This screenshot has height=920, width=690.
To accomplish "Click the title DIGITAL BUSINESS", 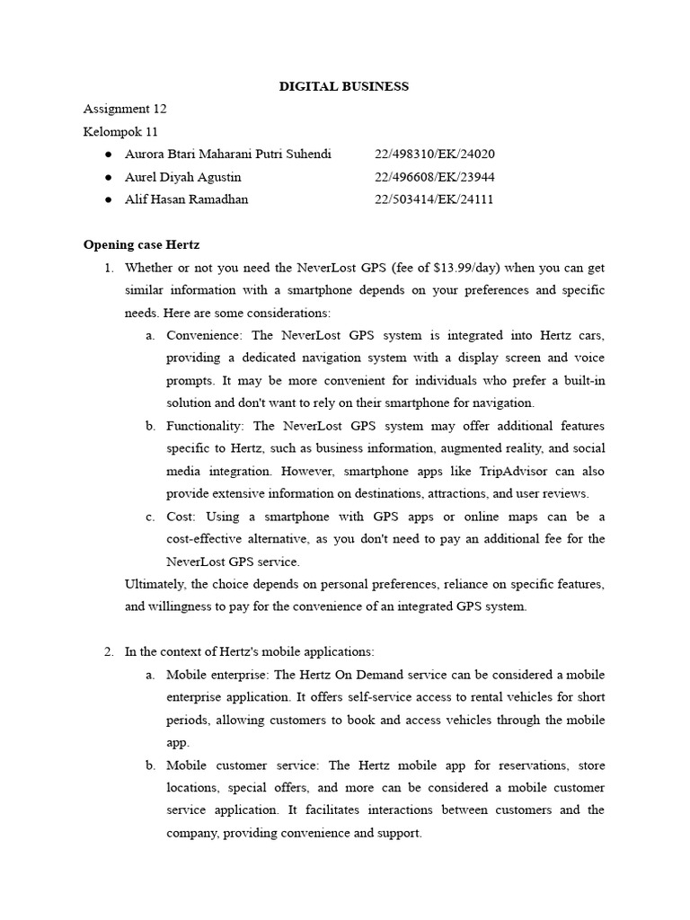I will (x=344, y=86).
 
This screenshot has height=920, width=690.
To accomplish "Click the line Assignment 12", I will (x=125, y=109).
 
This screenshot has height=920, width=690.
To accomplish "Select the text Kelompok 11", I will (x=120, y=131).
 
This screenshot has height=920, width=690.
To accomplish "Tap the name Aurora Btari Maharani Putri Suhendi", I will (x=227, y=154).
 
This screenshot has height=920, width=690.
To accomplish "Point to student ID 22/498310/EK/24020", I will (x=434, y=154).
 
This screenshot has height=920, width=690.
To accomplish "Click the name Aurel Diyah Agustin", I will (x=183, y=177).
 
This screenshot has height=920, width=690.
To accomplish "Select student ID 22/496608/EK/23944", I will (x=434, y=177).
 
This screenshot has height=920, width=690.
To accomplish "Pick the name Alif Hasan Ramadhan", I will (x=186, y=199).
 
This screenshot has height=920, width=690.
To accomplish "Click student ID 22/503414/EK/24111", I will (x=434, y=199).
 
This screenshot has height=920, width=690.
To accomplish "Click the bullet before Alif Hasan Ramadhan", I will (x=108, y=199).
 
